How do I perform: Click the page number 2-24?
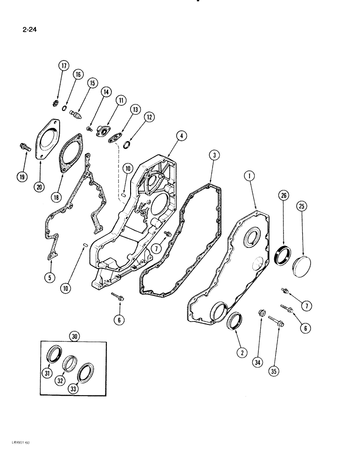[29, 32]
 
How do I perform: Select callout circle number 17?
[63, 66]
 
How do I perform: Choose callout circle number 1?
[251, 176]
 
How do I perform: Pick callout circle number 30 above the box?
[74, 336]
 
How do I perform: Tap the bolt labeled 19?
[24, 147]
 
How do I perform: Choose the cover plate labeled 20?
[48, 135]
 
